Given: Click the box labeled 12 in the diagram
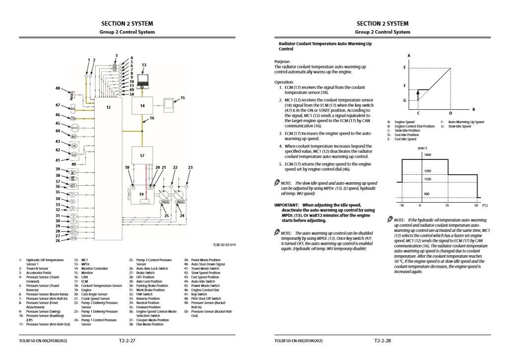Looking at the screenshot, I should pyautogui.click(x=108, y=149).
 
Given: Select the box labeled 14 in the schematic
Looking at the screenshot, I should pyautogui.click(x=142, y=106).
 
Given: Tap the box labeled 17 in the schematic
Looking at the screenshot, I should pyautogui.click(x=142, y=156).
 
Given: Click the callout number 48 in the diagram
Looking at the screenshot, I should pyautogui.click(x=58, y=88).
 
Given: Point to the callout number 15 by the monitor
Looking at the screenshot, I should pyautogui.click(x=182, y=98).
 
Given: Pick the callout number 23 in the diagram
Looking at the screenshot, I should pyautogui.click(x=190, y=168).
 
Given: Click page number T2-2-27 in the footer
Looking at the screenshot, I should pyautogui.click(x=127, y=341).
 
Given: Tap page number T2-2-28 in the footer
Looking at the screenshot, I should pyautogui.click(x=382, y=341).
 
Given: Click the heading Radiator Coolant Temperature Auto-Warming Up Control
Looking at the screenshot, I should pyautogui.click(x=325, y=47).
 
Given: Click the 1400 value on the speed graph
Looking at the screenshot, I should pyautogui.click(x=427, y=155).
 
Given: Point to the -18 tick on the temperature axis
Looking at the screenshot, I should pyautogui.click(x=401, y=205).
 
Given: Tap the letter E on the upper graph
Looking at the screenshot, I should pyautogui.click(x=404, y=67).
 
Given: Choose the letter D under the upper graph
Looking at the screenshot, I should pyautogui.click(x=450, y=113).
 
